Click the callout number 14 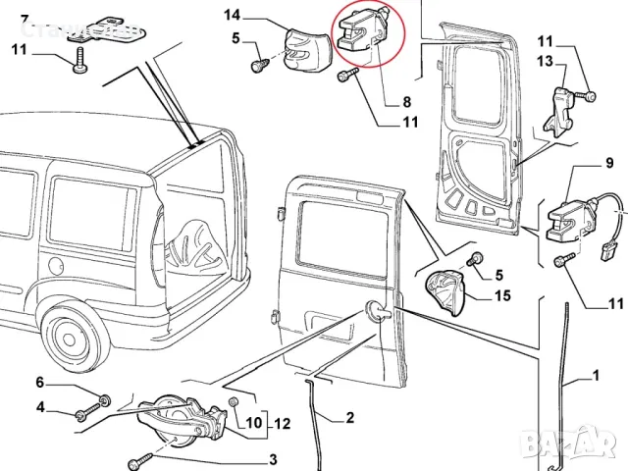pyautogui.click(x=232, y=15)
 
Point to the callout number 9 pyautogui.click(x=609, y=161)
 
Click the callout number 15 pyautogui.click(x=502, y=295)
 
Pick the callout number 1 pyautogui.click(x=595, y=374)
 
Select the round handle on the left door pyautogui.click(x=378, y=312)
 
